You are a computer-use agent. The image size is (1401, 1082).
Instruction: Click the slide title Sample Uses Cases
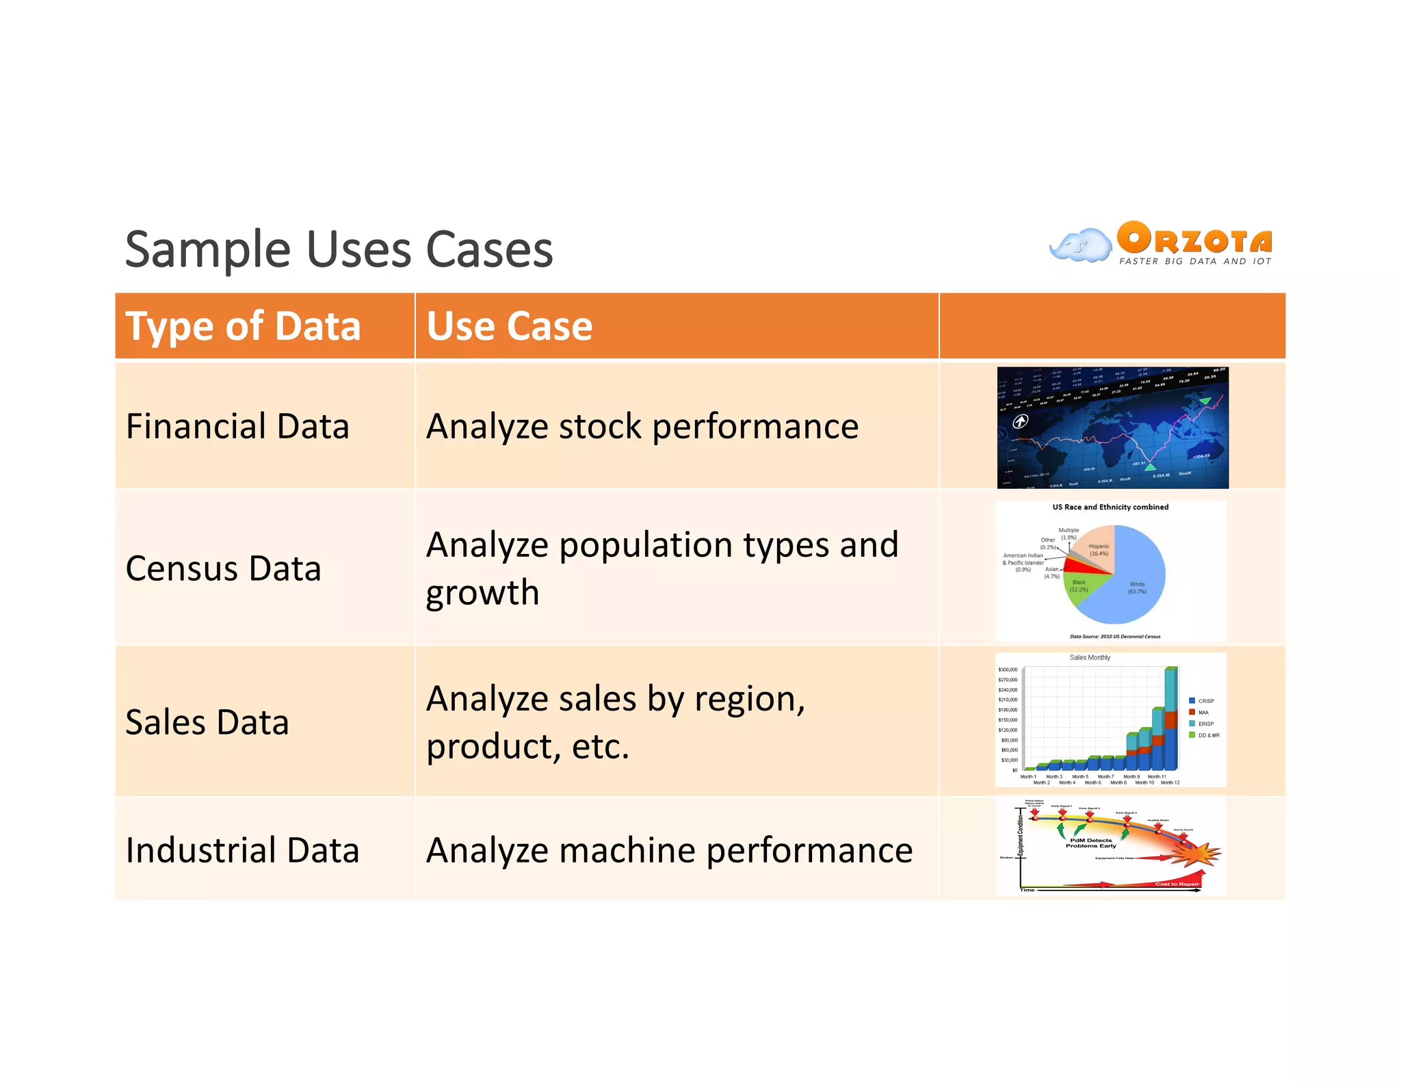click(339, 250)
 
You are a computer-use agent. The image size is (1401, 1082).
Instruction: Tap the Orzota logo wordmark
click(1194, 239)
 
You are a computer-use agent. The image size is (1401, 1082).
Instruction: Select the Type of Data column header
click(243, 326)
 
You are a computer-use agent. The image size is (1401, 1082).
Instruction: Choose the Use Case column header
click(509, 326)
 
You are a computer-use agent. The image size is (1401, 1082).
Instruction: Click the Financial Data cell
click(237, 427)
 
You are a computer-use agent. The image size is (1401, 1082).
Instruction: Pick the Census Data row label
click(223, 569)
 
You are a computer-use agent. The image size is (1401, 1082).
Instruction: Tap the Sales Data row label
click(207, 723)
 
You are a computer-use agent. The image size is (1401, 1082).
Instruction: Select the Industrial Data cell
click(242, 851)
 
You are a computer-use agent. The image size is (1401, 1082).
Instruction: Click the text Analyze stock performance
click(642, 427)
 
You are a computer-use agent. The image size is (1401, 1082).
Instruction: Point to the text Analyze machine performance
click(668, 851)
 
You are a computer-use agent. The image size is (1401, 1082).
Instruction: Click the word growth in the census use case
click(482, 593)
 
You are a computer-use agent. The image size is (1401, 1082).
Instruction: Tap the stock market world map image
click(1112, 428)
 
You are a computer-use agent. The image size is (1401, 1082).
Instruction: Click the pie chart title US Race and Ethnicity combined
click(1110, 507)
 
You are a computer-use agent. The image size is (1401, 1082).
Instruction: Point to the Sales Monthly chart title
click(1090, 658)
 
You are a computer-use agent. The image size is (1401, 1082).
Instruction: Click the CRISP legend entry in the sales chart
click(1205, 701)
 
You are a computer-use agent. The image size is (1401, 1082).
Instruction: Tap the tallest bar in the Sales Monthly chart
click(1170, 718)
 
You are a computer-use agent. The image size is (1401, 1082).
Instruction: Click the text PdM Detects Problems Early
click(1090, 843)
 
